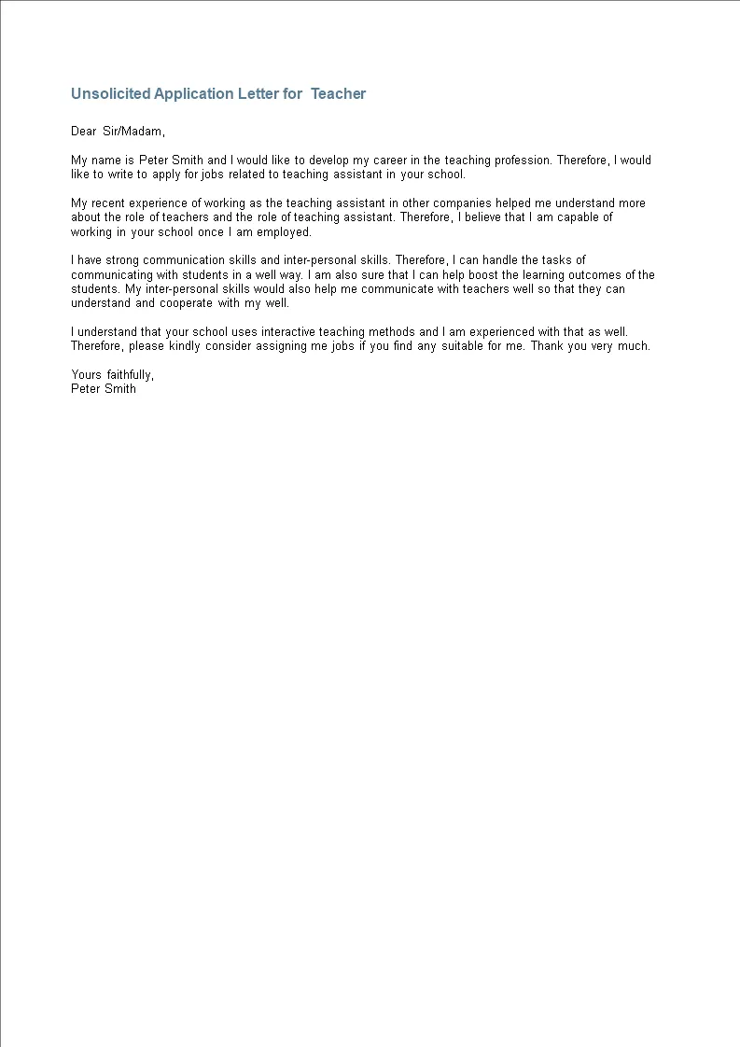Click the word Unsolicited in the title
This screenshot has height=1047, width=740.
pos(111,93)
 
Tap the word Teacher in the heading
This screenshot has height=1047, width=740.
pos(339,93)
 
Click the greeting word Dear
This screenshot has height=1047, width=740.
pos(84,132)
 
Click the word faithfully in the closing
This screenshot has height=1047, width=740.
pos(127,375)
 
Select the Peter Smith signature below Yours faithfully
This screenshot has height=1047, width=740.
pos(104,389)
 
